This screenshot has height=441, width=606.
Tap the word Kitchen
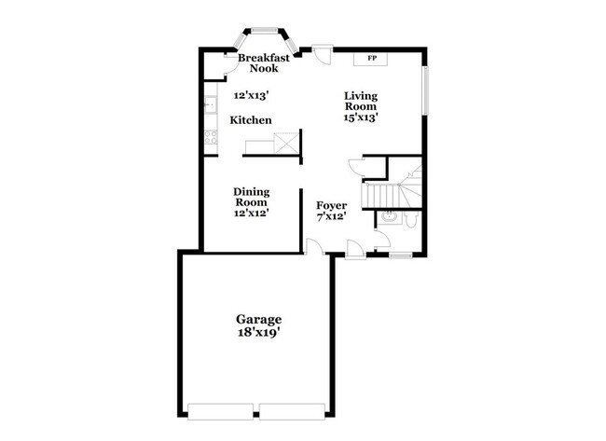coord(251,120)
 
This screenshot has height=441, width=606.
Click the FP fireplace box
coord(372,60)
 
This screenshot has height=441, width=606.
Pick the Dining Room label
coord(251,197)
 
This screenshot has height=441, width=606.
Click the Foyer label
coord(331,205)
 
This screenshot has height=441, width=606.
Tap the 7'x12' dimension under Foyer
coord(331,216)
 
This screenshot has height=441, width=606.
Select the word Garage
coord(258,319)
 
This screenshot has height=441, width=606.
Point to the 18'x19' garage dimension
coord(258,331)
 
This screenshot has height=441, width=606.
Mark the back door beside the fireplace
coord(323,52)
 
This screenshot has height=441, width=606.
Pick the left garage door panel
coord(221,409)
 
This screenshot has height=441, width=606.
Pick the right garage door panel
coord(292,409)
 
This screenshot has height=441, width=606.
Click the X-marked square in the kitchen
coord(288,145)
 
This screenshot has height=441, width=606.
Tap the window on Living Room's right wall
coord(424,90)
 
